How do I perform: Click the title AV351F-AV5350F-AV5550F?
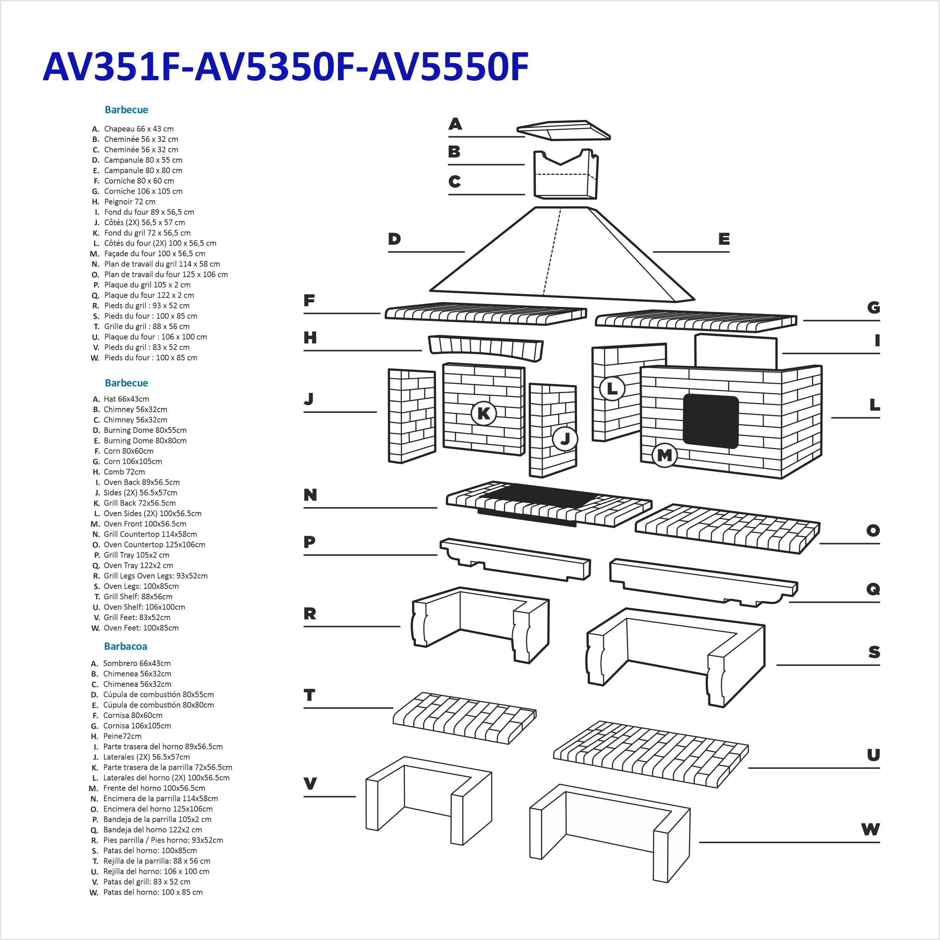pyautogui.click(x=286, y=67)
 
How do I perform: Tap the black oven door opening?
pyautogui.click(x=710, y=421)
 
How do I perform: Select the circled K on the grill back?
pyautogui.click(x=484, y=414)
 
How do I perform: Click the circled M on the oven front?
pyautogui.click(x=664, y=455)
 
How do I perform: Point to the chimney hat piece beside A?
pyautogui.click(x=563, y=131)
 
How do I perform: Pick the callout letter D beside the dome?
pyautogui.click(x=394, y=239)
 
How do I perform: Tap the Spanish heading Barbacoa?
pyautogui.click(x=126, y=646)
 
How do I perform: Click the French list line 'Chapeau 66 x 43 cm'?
pyautogui.click(x=139, y=129)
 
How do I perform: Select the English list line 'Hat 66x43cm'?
pyautogui.click(x=126, y=399)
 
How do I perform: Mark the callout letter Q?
pyautogui.click(x=873, y=589)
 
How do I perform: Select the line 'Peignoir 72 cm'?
pyautogui.click(x=130, y=201)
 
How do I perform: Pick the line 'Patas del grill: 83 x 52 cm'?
pyautogui.click(x=147, y=882)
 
